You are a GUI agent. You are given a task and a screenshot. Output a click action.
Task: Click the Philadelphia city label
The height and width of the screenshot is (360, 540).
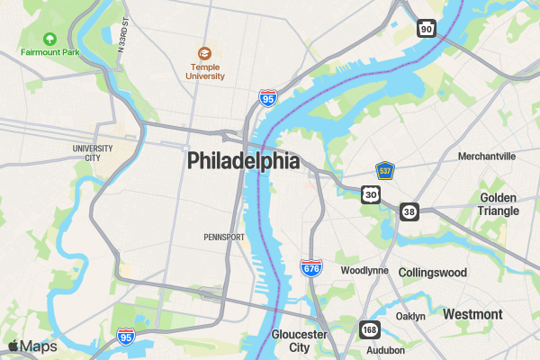pos(243,161)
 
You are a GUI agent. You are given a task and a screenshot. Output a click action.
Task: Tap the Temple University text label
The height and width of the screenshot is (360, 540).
pos(205,71)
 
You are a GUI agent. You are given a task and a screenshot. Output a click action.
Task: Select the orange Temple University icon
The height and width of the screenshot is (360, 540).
pos(205,53)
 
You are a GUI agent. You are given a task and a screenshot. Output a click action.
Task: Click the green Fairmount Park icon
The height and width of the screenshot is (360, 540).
pos(49,39)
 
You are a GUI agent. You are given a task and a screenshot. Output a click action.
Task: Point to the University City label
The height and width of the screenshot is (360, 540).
pos(93,152)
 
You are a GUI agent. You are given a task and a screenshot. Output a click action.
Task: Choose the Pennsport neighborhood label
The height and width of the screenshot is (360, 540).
pos(224,238)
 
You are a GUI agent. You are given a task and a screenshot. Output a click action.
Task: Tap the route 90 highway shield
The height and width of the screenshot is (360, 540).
pos(427,30)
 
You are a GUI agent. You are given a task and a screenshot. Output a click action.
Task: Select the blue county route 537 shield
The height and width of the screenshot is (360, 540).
pos(385,170)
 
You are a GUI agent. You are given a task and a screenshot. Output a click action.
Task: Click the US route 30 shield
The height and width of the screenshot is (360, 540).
pos(371,194)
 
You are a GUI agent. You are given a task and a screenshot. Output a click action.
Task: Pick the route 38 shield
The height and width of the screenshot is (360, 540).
pos(409,211)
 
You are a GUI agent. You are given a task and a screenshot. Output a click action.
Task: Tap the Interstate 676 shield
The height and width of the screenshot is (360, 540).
pos(311,268)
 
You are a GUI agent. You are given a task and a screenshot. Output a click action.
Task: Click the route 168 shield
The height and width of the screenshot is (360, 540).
pos(370,328)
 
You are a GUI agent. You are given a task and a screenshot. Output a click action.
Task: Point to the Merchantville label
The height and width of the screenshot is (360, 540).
pos(487,156)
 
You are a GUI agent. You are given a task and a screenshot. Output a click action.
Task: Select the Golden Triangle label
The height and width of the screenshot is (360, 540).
pos(499,204)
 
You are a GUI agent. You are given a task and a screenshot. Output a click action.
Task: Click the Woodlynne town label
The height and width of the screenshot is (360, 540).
pos(364,270)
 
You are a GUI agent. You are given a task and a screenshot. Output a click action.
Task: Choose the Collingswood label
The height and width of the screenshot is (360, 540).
pos(433,272)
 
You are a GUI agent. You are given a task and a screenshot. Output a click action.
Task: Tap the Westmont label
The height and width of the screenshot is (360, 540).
pos(472,314)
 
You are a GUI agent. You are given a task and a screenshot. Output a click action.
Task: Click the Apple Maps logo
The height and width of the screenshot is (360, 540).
pos(32,346)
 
